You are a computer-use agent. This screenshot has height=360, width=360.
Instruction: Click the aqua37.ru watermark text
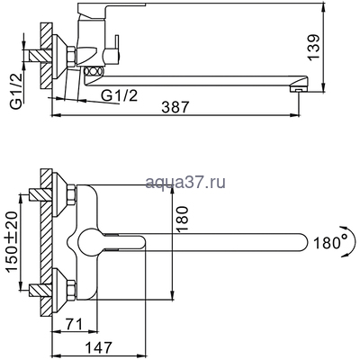(x=187, y=184)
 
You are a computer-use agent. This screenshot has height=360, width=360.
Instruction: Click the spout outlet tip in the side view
(x=293, y=88)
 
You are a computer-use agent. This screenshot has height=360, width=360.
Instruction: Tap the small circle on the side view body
(x=89, y=70)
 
